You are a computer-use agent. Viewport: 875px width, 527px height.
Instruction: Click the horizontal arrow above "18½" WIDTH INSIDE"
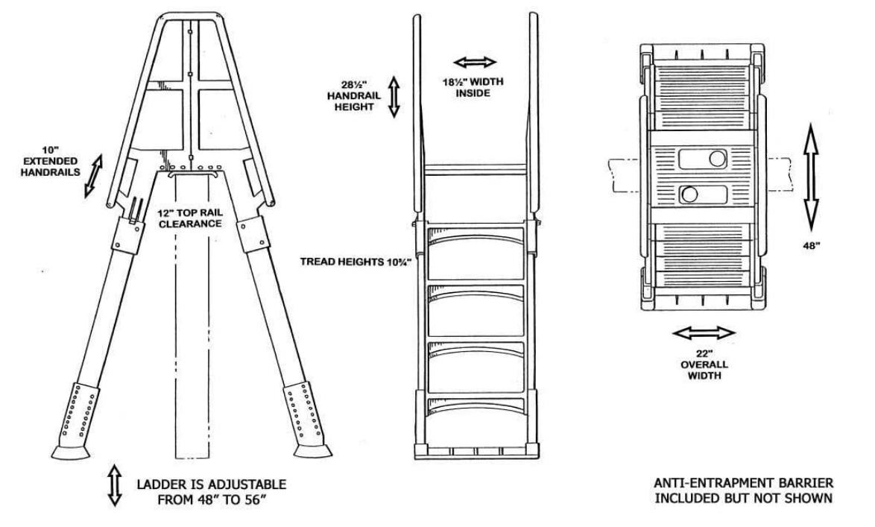(475, 62)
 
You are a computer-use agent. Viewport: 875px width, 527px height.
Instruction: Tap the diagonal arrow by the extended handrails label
(92, 176)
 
